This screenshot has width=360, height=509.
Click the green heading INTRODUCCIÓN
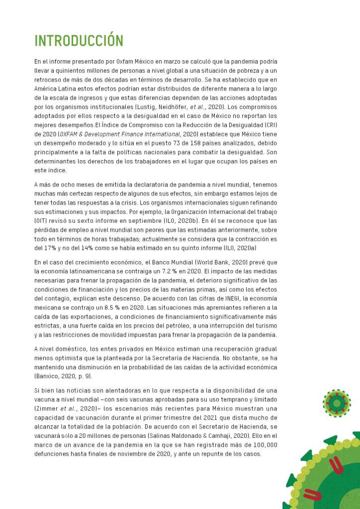click(79, 40)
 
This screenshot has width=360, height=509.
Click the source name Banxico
click(48, 376)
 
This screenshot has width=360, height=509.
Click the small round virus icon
click(337, 403)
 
